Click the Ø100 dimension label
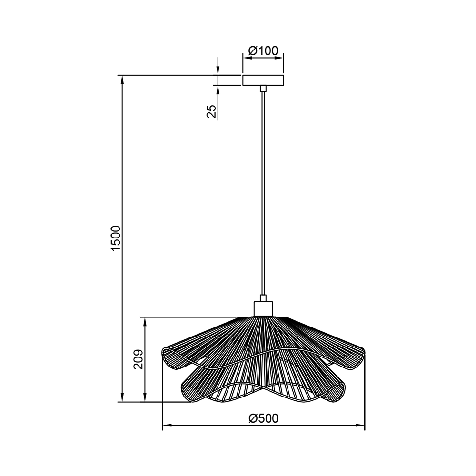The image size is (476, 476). (263, 50)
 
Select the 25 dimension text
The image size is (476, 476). (211, 111)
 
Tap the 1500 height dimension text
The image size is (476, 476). (116, 238)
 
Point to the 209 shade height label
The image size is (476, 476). (139, 359)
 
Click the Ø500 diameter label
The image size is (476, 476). (264, 418)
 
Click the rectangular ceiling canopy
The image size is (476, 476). (263, 80)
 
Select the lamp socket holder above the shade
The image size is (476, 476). (263, 309)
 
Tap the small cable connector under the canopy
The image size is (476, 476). (263, 89)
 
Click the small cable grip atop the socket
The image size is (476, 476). (263, 298)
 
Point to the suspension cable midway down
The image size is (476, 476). (263, 193)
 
